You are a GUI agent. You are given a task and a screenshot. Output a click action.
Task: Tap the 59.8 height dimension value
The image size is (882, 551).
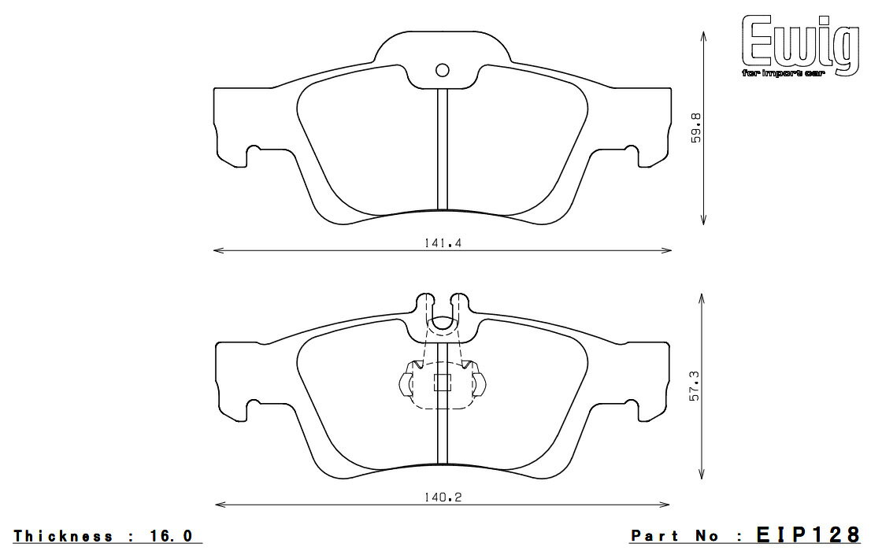coord(695,126)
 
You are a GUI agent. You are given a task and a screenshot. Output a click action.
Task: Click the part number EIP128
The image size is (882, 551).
coord(806,535)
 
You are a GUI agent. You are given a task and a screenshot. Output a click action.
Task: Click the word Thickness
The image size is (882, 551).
coord(63,536)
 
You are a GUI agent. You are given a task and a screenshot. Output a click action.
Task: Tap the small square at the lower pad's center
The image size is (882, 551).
coord(443,383)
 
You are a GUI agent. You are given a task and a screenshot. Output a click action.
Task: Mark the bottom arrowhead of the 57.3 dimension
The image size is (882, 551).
coord(702,478)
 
